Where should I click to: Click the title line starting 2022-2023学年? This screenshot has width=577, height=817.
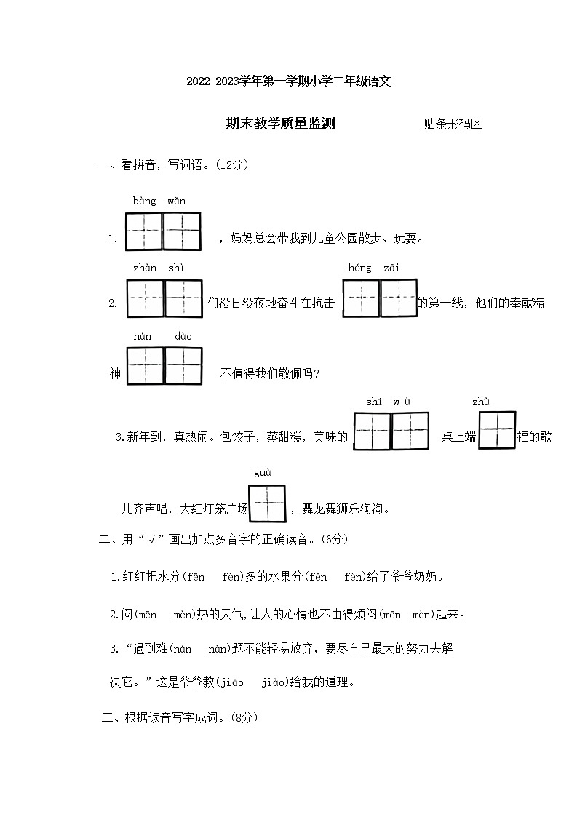289,81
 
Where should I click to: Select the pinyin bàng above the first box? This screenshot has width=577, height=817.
144,201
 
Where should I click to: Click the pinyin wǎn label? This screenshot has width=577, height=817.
176,201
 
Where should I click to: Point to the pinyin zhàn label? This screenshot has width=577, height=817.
145,268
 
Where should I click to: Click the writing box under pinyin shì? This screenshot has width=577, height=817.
183,298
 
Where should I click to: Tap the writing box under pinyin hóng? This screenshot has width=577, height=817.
361,298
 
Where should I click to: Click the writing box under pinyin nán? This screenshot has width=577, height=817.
146,365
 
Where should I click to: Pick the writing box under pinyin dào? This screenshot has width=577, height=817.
183,365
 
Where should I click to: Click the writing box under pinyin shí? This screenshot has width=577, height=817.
372,431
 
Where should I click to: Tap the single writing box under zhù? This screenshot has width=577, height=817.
497,430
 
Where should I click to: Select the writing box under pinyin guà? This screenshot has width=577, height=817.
267,503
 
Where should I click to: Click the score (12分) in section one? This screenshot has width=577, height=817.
232,165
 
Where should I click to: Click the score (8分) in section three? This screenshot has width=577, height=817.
241,717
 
